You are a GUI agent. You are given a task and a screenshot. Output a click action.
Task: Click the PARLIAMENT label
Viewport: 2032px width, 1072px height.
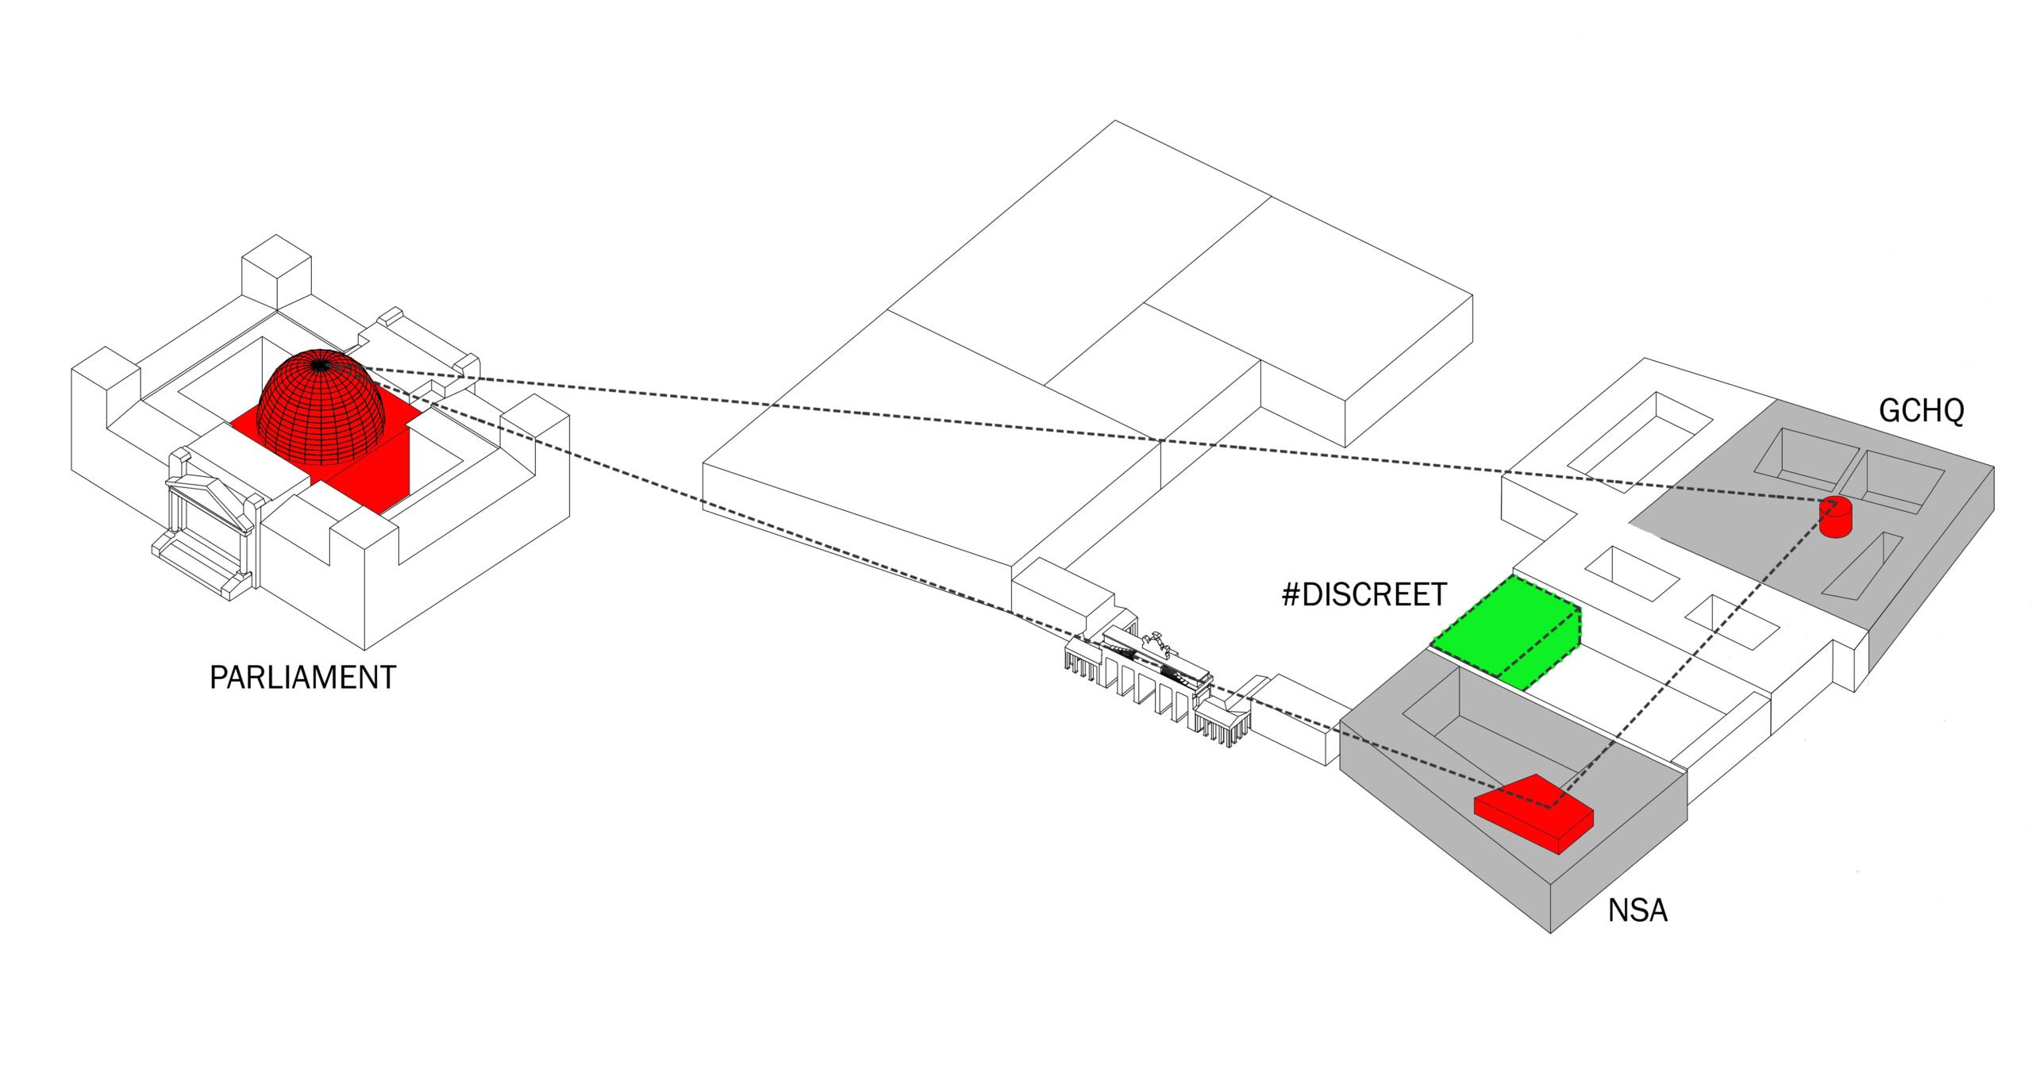pyautogui.click(x=302, y=678)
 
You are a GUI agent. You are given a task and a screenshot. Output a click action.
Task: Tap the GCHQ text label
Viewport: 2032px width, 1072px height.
pyautogui.click(x=1921, y=411)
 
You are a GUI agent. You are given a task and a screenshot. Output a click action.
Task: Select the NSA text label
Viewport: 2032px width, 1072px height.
pyautogui.click(x=1638, y=910)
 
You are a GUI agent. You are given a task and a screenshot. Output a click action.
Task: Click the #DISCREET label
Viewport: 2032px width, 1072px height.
pyautogui.click(x=1364, y=595)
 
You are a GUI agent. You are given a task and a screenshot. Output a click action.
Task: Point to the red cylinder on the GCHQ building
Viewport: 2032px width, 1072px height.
pyautogui.click(x=1835, y=517)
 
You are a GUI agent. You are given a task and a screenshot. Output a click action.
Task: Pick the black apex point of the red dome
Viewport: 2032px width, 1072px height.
pyautogui.click(x=319, y=365)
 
